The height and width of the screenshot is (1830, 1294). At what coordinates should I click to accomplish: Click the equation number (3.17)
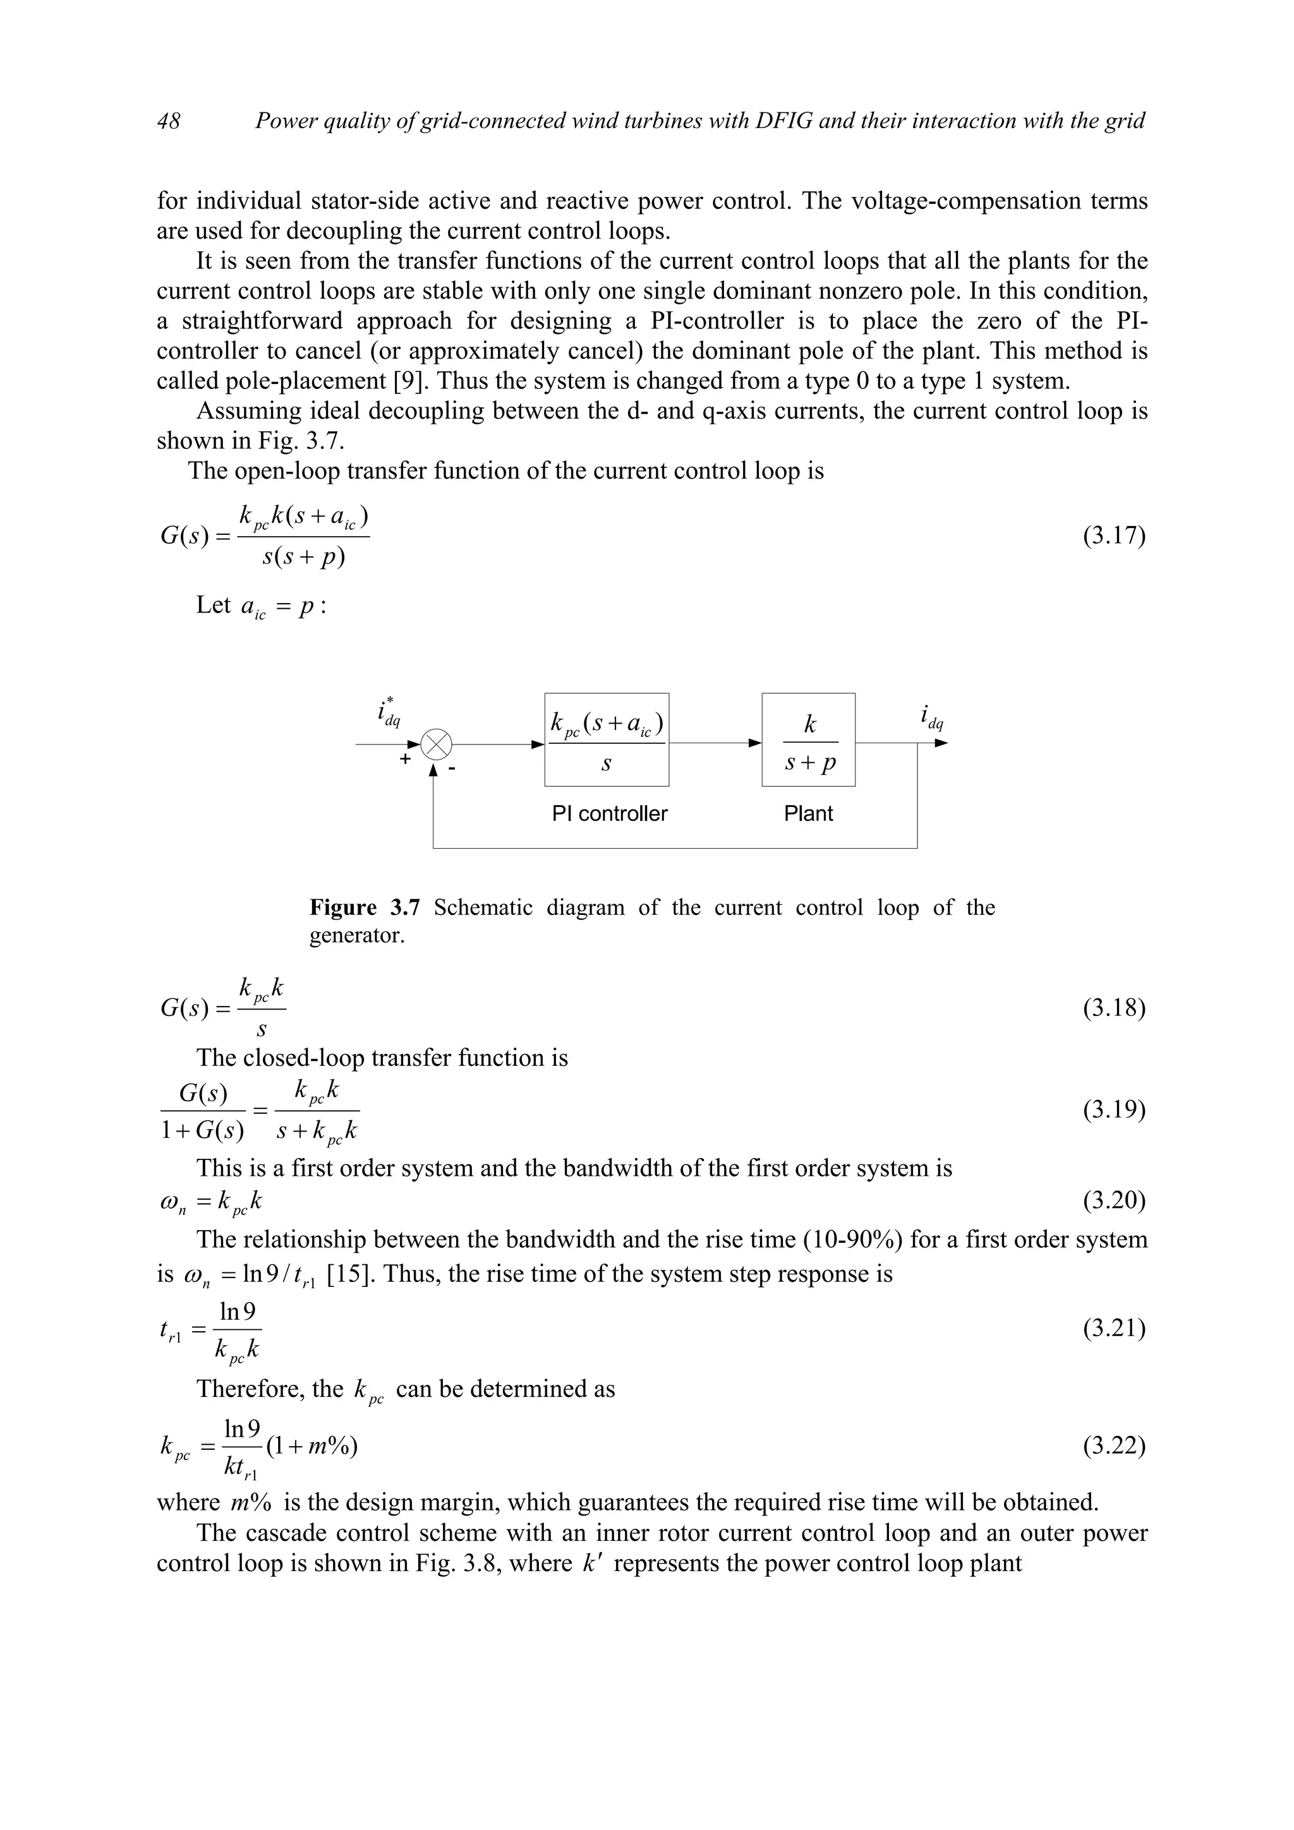click(x=1113, y=535)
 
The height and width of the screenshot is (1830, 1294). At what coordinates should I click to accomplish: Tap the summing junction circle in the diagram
click(x=436, y=745)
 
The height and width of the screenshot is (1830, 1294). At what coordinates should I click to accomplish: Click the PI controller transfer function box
click(x=606, y=739)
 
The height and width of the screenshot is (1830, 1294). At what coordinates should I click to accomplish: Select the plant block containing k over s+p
click(x=809, y=739)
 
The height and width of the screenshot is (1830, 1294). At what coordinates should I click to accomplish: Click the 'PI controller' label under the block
click(x=609, y=814)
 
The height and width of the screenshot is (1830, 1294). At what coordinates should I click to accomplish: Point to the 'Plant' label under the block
click(x=807, y=814)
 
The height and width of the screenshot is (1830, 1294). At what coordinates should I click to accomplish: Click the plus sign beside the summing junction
click(x=406, y=760)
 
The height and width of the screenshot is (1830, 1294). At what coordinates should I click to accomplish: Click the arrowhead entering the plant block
click(x=755, y=744)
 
